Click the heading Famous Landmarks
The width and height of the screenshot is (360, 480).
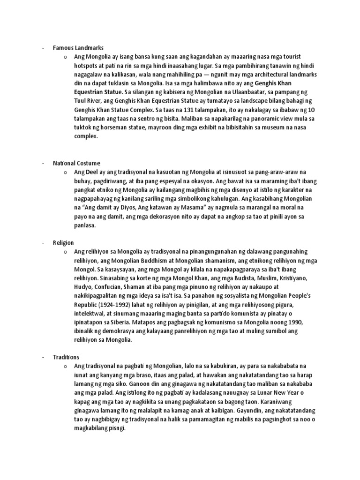click(x=78, y=48)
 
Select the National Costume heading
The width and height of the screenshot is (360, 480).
click(x=76, y=163)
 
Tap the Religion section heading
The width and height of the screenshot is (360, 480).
click(x=64, y=242)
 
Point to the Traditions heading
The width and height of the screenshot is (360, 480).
click(x=67, y=357)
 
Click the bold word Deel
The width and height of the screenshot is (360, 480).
click(x=89, y=172)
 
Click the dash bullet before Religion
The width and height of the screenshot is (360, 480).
click(x=42, y=242)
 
